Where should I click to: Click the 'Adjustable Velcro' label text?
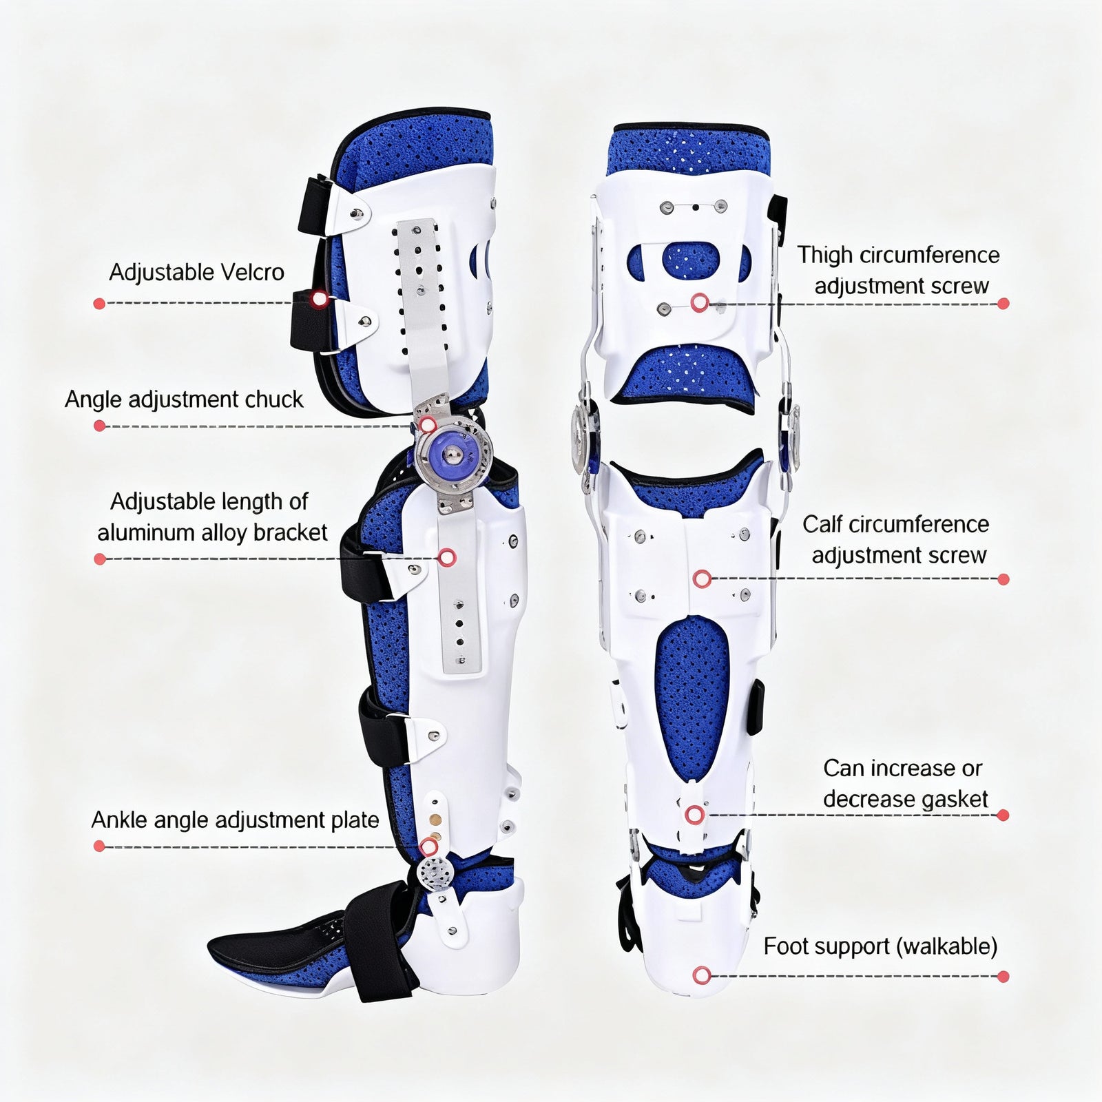196,273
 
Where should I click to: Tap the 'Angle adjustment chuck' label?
184,399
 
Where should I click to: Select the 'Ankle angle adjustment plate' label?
235,820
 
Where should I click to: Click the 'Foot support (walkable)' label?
880,946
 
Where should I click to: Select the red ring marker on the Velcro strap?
319,299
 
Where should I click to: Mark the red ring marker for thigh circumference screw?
700,302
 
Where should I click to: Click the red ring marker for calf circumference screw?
702,579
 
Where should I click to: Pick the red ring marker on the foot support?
702,975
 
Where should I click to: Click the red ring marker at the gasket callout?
694,815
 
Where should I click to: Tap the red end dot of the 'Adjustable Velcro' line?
99,303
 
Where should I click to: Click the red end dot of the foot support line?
1003,976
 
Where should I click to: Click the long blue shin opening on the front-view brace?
691,696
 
